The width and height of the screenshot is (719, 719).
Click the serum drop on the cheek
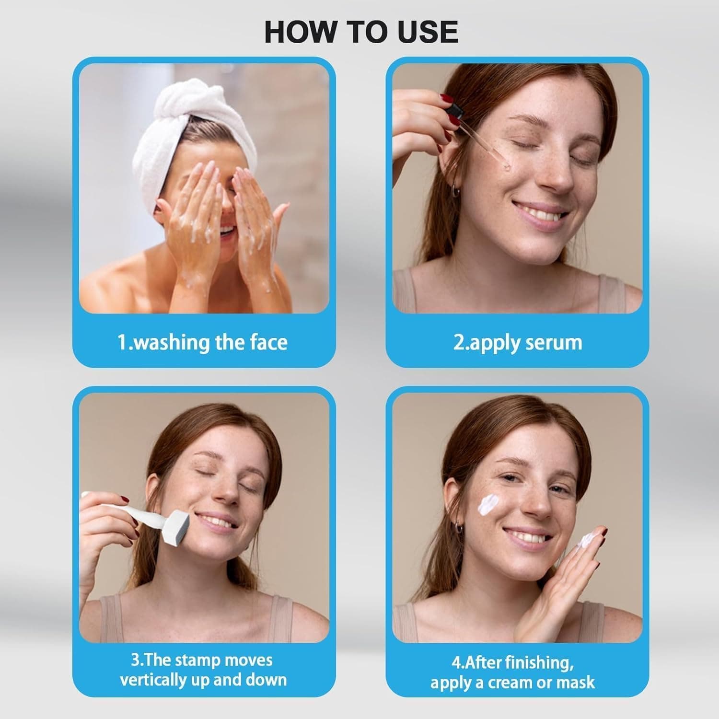click(x=506, y=167)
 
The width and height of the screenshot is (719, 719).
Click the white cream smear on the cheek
click(x=490, y=505)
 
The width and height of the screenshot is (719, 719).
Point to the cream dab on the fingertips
click(x=586, y=541)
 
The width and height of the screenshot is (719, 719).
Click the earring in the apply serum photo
click(x=455, y=192)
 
